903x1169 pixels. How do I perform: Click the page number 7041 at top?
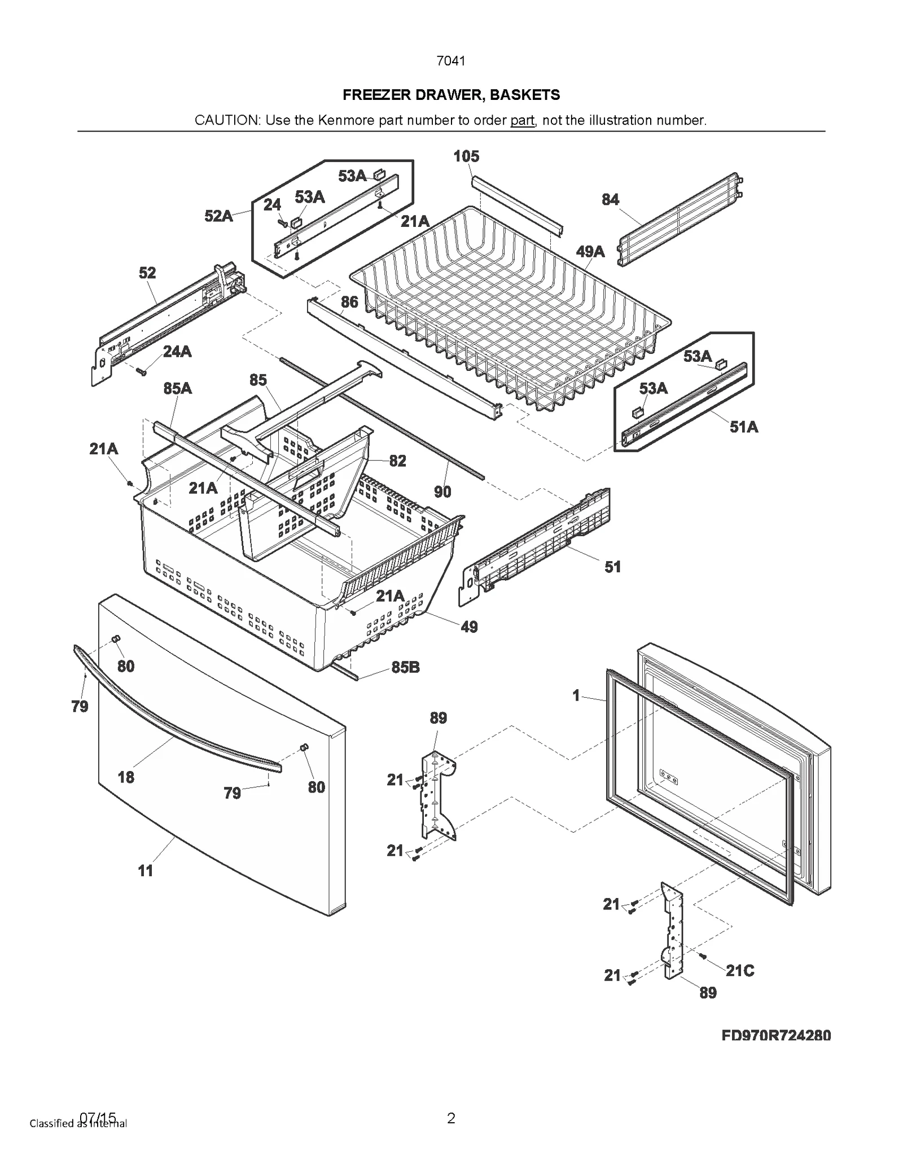tap(451, 61)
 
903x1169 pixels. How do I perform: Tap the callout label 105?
tap(466, 156)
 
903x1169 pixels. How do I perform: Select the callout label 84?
tap(610, 199)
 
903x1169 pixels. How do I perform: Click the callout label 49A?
tap(590, 251)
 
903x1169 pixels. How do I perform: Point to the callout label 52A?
tap(218, 216)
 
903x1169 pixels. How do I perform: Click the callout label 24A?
tap(177, 352)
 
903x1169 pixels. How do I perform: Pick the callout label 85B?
tap(405, 667)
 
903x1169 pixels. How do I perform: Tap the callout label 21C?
tap(739, 970)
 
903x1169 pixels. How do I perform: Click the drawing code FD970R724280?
tap(776, 1035)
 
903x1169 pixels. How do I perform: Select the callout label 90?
tap(442, 492)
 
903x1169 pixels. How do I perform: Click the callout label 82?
tap(397, 461)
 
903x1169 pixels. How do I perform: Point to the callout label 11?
tap(146, 870)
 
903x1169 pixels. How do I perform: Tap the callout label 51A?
tap(744, 427)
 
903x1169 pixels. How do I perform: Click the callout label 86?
tap(349, 302)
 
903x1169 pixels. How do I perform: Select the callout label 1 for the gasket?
tap(576, 695)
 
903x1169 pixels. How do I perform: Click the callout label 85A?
tap(178, 388)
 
